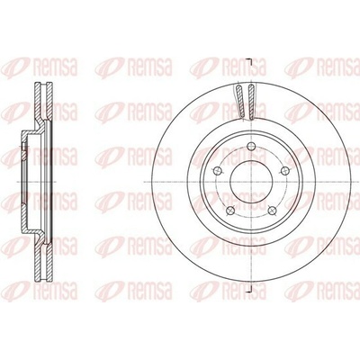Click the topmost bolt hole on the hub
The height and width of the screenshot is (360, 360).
(x=251, y=146)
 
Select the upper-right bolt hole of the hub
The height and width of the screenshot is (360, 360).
(x=283, y=171)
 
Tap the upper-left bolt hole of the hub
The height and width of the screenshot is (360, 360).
(x=218, y=171)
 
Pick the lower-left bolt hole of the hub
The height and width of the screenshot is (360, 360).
(x=230, y=210)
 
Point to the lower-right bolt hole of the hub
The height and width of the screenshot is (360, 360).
(x=272, y=210)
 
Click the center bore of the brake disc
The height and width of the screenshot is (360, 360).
(x=251, y=182)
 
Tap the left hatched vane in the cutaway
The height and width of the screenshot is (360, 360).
(x=239, y=101)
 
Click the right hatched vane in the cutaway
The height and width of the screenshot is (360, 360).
(x=252, y=101)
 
